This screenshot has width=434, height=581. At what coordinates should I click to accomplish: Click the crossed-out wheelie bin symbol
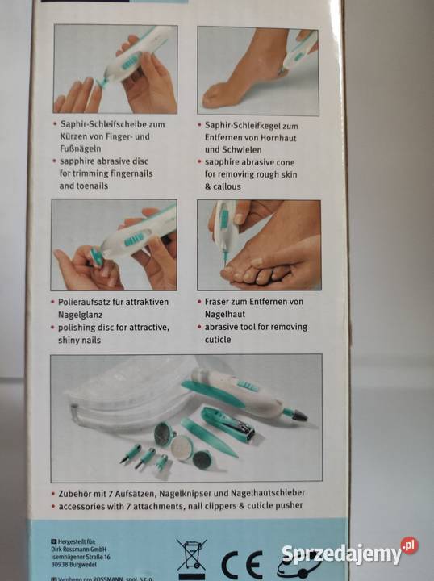tap(191, 556)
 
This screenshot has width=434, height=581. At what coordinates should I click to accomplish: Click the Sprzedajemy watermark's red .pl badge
tap(410, 546)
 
